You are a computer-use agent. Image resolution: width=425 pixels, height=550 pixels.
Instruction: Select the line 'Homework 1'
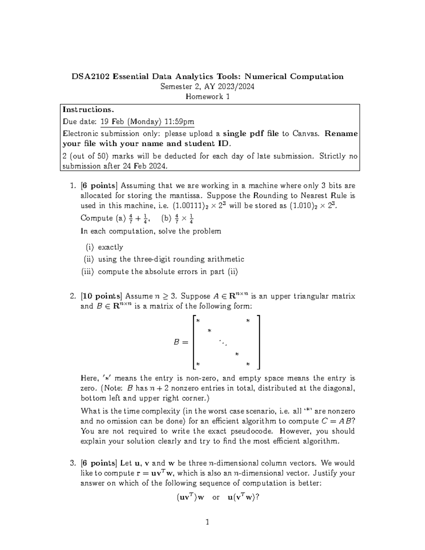coord(208,96)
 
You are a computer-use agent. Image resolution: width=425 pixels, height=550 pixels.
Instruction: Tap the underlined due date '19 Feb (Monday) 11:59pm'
coord(147,122)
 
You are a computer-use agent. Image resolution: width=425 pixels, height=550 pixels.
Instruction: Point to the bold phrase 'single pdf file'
coord(250,134)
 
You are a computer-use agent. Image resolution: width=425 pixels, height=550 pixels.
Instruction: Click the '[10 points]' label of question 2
coord(101,296)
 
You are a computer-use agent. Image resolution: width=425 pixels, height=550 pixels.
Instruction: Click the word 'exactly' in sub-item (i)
coord(110,247)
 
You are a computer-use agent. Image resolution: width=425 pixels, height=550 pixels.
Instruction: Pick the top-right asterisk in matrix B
coord(248,321)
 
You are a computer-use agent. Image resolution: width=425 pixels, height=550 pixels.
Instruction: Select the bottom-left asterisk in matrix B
coord(198,364)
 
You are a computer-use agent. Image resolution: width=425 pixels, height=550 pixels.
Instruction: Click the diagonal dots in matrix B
coord(223,342)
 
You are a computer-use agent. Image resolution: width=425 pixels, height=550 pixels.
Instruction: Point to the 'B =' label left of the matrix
coord(181,342)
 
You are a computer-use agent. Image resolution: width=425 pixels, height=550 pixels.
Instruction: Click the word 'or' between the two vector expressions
coord(216,497)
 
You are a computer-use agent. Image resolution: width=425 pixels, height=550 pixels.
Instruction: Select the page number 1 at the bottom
coord(208,522)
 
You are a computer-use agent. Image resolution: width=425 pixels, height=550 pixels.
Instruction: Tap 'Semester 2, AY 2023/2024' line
coord(207,86)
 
